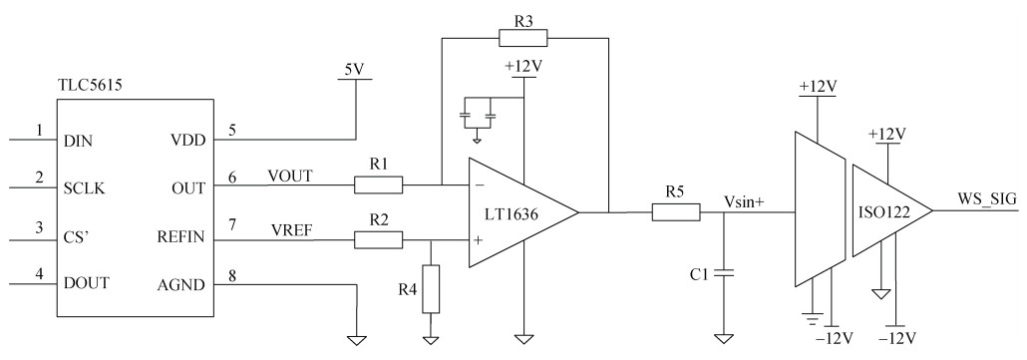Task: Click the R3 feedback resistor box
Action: pyautogui.click(x=522, y=38)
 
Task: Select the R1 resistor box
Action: pyautogui.click(x=379, y=185)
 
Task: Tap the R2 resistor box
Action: pyautogui.click(x=379, y=240)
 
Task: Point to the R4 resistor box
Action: pyautogui.click(x=431, y=288)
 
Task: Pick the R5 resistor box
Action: pyautogui.click(x=676, y=212)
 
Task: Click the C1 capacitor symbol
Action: pyautogui.click(x=724, y=273)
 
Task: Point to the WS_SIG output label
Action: pyautogui.click(x=987, y=199)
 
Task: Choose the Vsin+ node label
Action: pyautogui.click(x=744, y=201)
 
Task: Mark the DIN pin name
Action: pyautogui.click(x=78, y=140)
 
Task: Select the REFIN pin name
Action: pyautogui.click(x=181, y=238)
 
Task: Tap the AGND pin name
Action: pyautogui.click(x=181, y=285)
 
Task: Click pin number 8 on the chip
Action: pyautogui.click(x=232, y=275)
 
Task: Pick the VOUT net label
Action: pyautogui.click(x=289, y=176)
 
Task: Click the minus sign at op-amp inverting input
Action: pyautogui.click(x=480, y=185)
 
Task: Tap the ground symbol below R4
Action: pyautogui.click(x=431, y=340)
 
